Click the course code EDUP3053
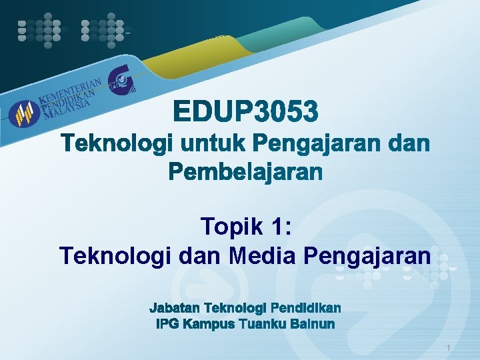pos(246,111)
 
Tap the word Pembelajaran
pos(245,173)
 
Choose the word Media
pos(263,255)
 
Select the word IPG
pos(167,325)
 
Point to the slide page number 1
pos(449,348)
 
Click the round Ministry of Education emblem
pos(25,113)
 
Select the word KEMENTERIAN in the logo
pos(70,91)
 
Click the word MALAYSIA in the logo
pos(67,109)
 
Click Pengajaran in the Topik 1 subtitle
pos(367,255)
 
